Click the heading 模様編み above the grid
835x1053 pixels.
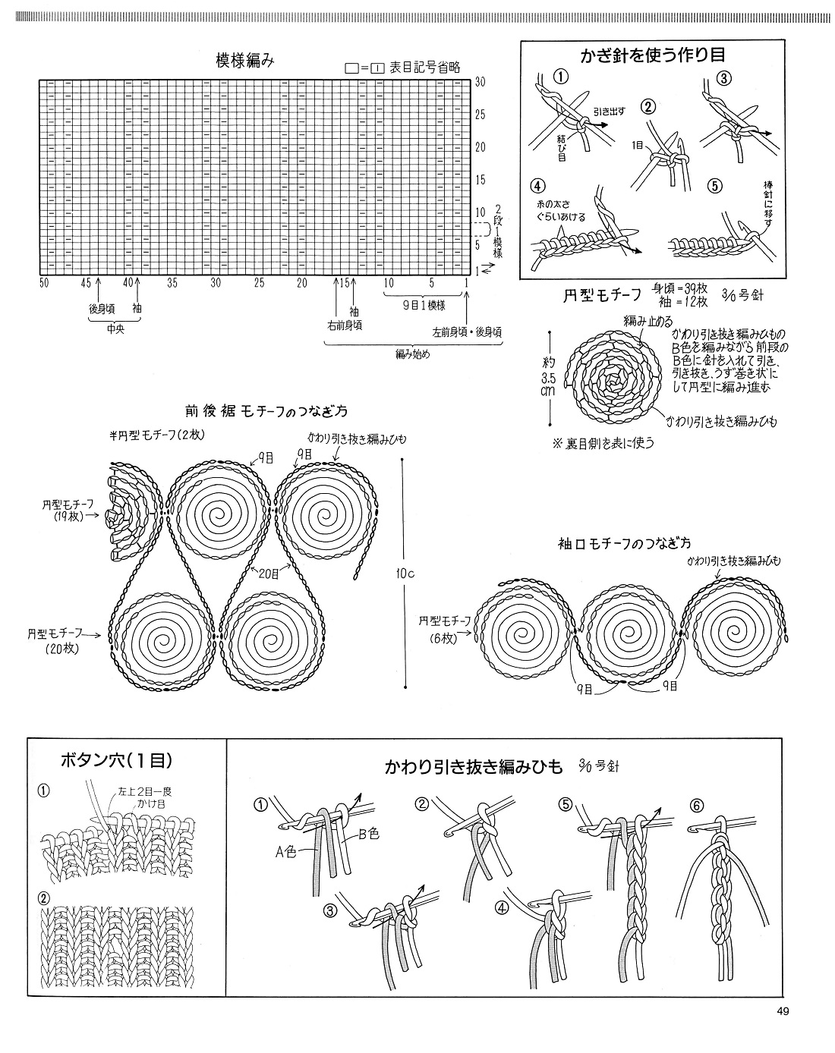click(x=239, y=62)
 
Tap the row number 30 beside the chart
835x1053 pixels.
click(x=481, y=83)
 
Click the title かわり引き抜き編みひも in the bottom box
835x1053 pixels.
click(x=474, y=767)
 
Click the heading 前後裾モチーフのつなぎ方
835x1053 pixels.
click(x=266, y=411)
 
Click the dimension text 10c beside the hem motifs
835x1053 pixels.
click(x=405, y=573)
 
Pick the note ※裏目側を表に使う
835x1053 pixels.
click(x=603, y=443)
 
